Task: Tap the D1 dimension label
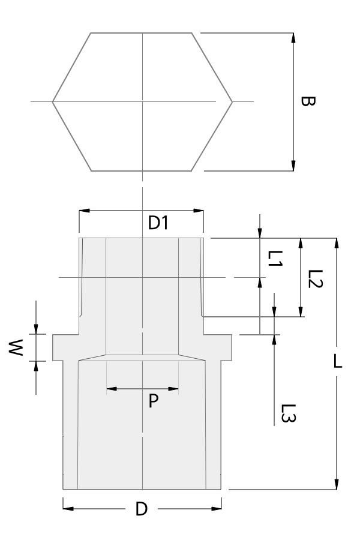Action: point(159,224)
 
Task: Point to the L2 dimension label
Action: point(316,278)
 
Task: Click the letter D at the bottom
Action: point(141,509)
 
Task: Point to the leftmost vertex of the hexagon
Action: point(53,102)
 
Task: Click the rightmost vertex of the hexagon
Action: point(232,102)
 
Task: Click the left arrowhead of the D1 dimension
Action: point(85,211)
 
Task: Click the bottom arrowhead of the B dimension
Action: point(293,166)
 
